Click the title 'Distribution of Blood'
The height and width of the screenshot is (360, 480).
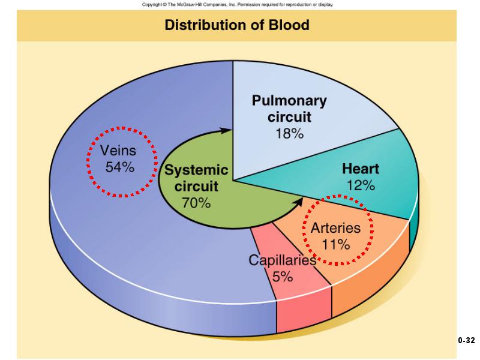[x=237, y=25]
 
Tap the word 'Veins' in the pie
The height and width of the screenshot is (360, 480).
[x=118, y=151]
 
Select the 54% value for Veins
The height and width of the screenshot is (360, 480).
[x=120, y=167]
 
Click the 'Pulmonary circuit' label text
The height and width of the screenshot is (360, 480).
[x=289, y=109]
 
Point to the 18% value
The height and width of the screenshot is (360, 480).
[x=290, y=133]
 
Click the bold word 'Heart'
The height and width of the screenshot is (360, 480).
[x=361, y=169]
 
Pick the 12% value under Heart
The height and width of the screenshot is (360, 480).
[x=361, y=185]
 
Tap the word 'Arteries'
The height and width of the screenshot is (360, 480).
[x=336, y=228]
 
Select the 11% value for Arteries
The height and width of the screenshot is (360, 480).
[x=336, y=244]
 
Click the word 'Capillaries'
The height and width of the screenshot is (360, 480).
[x=282, y=260]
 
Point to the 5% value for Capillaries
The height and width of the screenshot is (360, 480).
[x=283, y=277]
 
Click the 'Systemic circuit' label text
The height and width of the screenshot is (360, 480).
[x=196, y=178]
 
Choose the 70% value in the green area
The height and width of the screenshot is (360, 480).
[x=196, y=203]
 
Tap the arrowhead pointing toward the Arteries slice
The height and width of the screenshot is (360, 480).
[x=298, y=202]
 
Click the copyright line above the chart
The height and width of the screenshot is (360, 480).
[x=238, y=5]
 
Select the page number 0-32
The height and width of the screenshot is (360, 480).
[x=466, y=340]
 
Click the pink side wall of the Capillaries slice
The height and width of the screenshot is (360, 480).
[x=304, y=311]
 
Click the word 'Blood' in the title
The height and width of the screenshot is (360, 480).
[x=289, y=25]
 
